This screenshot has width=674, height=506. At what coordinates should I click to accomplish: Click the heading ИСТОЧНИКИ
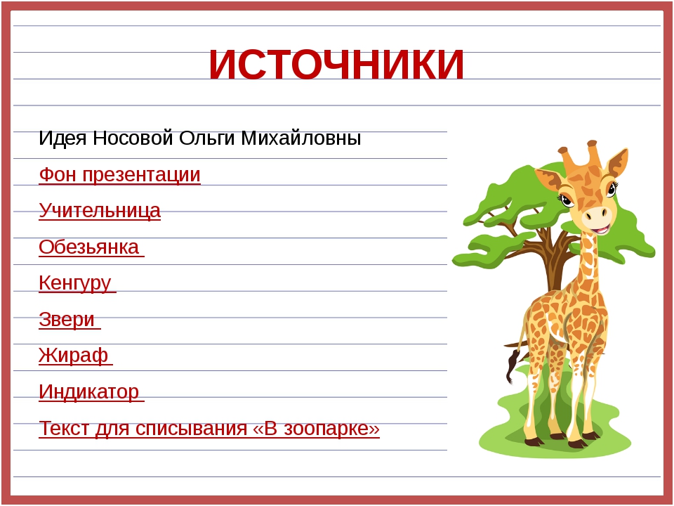[x=336, y=65]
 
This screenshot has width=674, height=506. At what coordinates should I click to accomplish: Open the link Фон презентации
[x=119, y=175]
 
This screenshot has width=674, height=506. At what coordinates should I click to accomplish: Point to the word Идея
[x=62, y=138]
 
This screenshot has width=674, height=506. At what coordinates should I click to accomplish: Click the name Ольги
[x=206, y=138]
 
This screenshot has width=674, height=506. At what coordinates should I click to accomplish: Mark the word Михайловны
[x=300, y=138]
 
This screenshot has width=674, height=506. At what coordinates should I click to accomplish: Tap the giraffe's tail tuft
[x=512, y=365]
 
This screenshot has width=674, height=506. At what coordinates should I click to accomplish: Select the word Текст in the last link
[x=64, y=429]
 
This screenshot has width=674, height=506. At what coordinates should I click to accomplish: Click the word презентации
[x=141, y=175]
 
